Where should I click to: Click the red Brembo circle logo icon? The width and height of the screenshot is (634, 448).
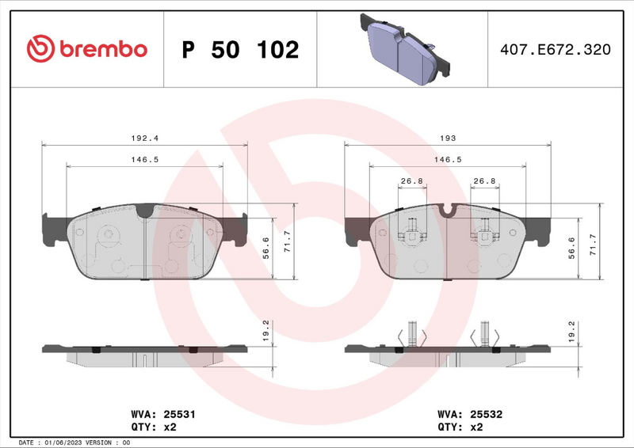[x=39, y=49]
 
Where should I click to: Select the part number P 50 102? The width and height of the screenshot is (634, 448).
[x=240, y=50]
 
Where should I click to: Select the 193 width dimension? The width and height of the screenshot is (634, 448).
[x=448, y=138]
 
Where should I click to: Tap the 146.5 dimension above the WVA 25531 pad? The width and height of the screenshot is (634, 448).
[x=145, y=159]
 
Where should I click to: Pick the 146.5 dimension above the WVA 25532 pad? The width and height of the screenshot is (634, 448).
[x=448, y=159]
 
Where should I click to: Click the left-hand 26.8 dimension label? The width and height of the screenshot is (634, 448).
[x=411, y=180]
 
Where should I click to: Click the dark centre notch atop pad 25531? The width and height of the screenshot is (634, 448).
[x=143, y=211]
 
